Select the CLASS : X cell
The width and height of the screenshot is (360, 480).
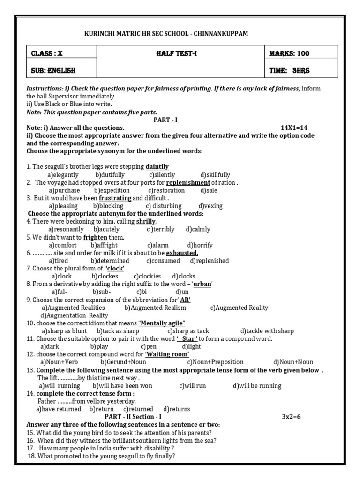[47, 53]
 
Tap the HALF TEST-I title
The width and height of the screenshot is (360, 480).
[177, 53]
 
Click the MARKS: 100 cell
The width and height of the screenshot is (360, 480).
[289, 53]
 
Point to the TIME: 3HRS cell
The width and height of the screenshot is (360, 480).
[289, 71]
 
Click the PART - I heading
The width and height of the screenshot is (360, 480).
[166, 120]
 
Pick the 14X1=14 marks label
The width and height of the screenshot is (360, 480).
[294, 127]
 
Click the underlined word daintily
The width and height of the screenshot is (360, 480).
[157, 167]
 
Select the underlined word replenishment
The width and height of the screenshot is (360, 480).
[188, 183]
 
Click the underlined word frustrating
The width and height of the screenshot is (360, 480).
[115, 198]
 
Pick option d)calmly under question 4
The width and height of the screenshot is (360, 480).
[198, 229]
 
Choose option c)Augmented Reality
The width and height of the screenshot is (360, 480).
[239, 307]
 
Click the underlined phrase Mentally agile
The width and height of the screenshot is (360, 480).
[162, 323]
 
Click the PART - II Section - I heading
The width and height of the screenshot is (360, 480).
[133, 417]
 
